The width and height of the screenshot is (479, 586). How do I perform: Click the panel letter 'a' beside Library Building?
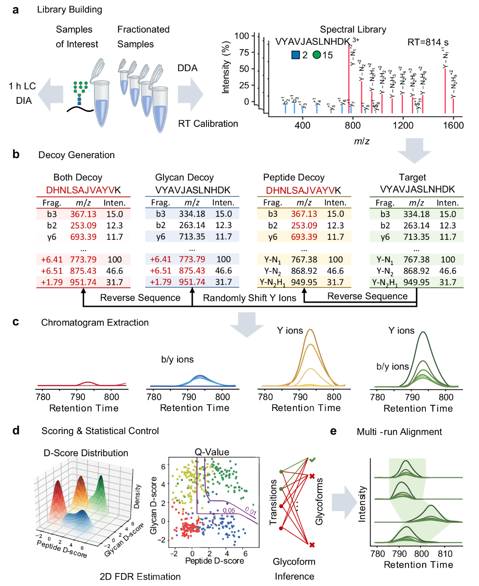(x=15, y=10)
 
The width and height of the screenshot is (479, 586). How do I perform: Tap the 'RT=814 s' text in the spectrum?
(x=427, y=42)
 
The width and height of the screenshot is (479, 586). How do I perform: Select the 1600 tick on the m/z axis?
(x=453, y=125)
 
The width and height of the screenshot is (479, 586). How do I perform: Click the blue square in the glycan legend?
(x=296, y=55)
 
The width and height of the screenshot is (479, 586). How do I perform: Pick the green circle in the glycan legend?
(x=317, y=55)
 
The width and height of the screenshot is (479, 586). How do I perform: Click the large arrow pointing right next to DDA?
(x=191, y=94)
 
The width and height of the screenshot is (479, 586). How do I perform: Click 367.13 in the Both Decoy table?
(x=83, y=214)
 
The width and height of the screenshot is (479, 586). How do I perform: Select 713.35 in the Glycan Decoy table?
(x=192, y=236)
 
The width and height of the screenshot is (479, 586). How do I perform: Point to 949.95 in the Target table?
(x=416, y=283)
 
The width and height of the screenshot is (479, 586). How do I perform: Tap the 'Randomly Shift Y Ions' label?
(x=250, y=298)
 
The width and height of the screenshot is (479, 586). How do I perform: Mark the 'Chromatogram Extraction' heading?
(x=95, y=323)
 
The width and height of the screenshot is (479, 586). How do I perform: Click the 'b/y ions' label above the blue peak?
(x=177, y=360)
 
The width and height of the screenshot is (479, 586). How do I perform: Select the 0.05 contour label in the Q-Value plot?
(x=229, y=511)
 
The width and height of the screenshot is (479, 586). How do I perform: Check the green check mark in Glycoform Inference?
(x=312, y=460)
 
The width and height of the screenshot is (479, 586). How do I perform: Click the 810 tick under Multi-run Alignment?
(x=445, y=554)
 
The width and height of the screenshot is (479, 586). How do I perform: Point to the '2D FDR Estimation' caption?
(x=140, y=577)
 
